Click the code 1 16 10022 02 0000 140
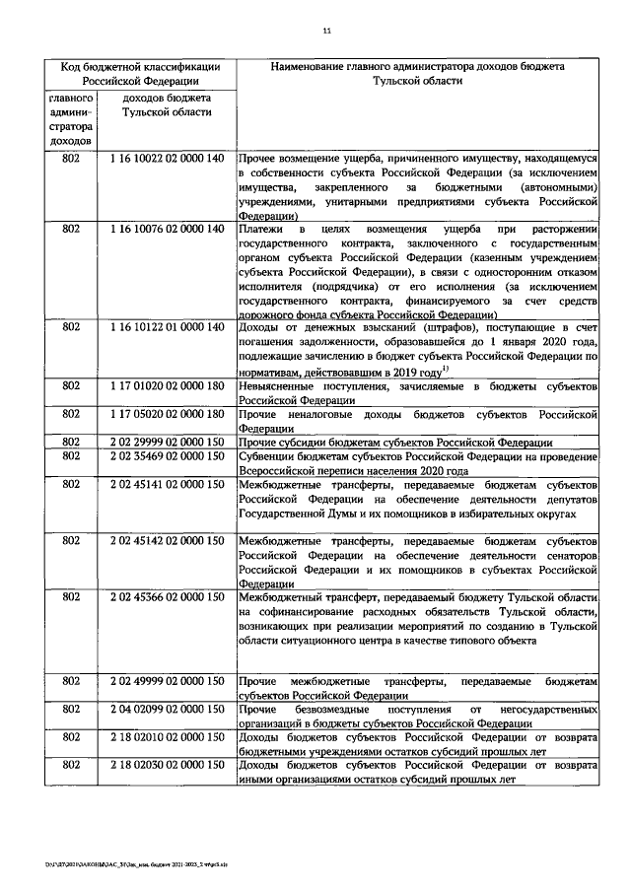coord(167,158)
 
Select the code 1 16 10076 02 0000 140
coord(167,229)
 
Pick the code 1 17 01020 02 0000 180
coord(167,386)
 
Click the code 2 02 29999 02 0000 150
coord(167,442)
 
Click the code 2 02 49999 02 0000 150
coord(167,681)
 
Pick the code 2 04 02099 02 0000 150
coord(167,709)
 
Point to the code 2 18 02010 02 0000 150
coord(167,736)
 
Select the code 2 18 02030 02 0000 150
coord(167,765)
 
